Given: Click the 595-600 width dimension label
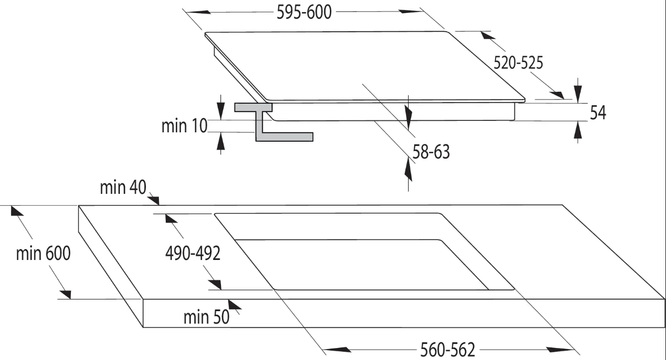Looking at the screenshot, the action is pos(304,13).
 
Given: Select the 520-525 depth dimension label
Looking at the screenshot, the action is pos(518,63).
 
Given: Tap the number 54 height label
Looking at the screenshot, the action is pos(598,113).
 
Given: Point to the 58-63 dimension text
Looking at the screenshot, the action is pos(431,152).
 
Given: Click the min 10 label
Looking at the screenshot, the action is pos(184,126).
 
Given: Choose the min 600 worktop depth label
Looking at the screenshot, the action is pos(43,253).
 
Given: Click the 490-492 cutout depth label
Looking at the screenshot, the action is pos(193,253).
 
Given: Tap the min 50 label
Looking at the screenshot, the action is pos(207,317).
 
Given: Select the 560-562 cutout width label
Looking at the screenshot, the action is pos(448,350).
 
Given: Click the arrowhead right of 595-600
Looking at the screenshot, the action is pos(411,11).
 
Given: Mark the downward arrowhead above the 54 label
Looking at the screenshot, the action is pos(578,94).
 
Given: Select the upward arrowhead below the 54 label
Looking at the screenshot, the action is pos(578,130).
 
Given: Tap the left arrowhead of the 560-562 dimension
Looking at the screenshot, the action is pos(337,350).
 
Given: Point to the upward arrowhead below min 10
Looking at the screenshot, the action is pos(220,141).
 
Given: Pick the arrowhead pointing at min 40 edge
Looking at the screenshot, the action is pos(155,198).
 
